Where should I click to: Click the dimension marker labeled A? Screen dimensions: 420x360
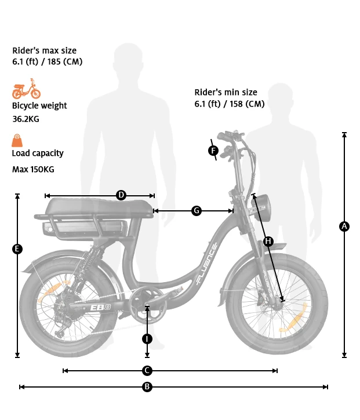344,227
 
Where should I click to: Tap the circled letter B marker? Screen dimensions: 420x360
147,386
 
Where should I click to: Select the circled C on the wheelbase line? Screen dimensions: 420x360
147,370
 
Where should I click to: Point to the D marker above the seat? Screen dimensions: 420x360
121,195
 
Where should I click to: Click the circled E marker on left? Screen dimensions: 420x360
17,249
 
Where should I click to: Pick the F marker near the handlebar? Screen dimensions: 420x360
213,151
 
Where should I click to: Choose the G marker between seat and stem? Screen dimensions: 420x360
197,211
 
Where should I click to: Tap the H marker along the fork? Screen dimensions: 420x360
268,241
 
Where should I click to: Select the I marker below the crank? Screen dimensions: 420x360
147,338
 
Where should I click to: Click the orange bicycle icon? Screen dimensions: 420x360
27,89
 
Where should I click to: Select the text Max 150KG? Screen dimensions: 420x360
33,170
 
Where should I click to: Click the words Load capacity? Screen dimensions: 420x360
38,154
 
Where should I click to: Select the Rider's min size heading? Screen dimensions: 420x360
226,92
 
